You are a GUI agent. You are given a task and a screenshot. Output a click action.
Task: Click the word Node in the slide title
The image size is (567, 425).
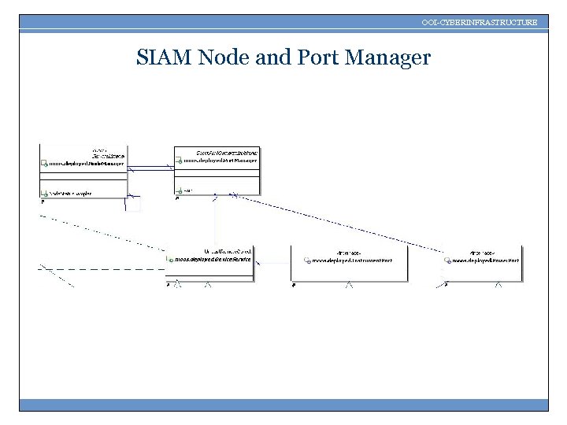225,57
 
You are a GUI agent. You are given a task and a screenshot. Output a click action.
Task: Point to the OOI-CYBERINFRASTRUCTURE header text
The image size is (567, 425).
480,23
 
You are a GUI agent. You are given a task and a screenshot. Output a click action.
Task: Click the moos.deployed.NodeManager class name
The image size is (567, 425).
87,164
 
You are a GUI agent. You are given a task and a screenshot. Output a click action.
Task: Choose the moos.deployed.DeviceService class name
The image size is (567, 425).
213,258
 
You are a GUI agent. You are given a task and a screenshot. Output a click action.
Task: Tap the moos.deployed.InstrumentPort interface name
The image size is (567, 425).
351,259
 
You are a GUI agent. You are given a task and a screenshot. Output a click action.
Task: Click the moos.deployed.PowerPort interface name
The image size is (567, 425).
486,259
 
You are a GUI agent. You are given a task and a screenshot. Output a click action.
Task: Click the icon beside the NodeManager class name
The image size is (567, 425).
45,164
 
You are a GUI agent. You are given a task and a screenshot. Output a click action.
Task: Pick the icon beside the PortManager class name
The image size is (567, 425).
179,160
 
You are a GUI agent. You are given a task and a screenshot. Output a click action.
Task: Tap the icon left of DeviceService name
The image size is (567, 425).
170,258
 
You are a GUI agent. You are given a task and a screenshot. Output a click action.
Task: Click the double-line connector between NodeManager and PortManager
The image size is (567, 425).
150,167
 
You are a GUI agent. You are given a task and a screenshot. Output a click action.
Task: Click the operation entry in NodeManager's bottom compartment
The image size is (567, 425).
71,192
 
